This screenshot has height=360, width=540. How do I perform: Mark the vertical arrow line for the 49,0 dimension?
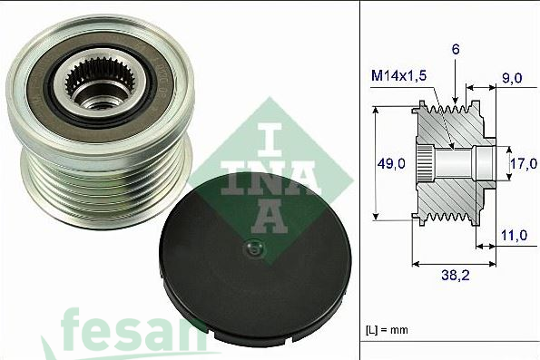coord(375,163)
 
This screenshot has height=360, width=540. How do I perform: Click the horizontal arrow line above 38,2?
coord(454,265)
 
